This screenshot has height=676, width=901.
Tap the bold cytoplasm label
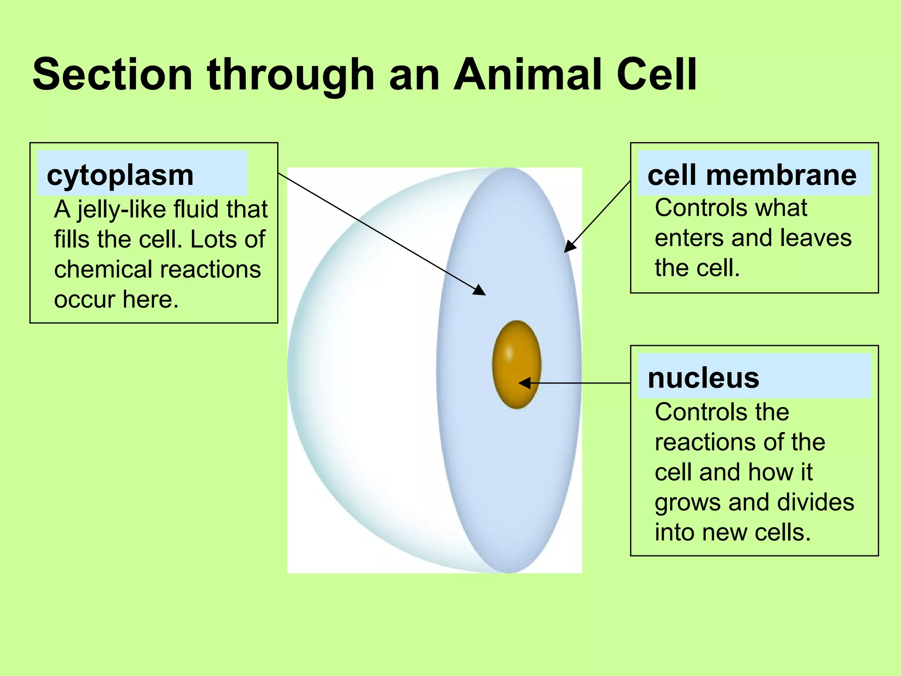[120, 175]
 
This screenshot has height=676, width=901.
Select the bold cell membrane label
[752, 175]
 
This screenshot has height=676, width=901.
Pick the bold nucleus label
[703, 378]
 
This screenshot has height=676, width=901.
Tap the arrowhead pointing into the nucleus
[524, 383]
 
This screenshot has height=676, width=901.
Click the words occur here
[116, 300]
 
